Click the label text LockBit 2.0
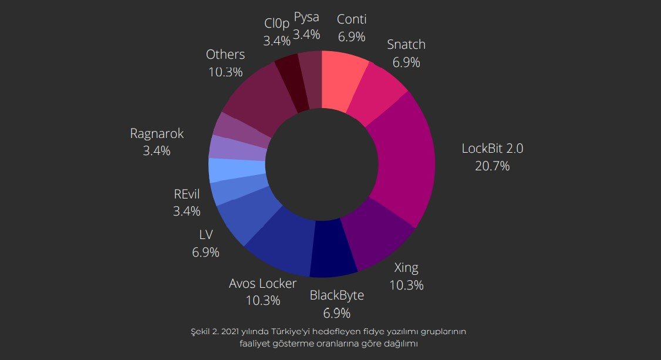pos(492,149)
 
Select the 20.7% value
pos(492,166)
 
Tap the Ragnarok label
pos(157,134)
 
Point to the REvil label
pos(187,193)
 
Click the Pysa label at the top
pos(306,17)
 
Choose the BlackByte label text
pos(336,295)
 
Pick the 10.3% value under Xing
pos(406,285)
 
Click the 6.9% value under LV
pos(205,253)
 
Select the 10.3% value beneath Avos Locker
pos(262,300)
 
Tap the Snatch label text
pos(406,45)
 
